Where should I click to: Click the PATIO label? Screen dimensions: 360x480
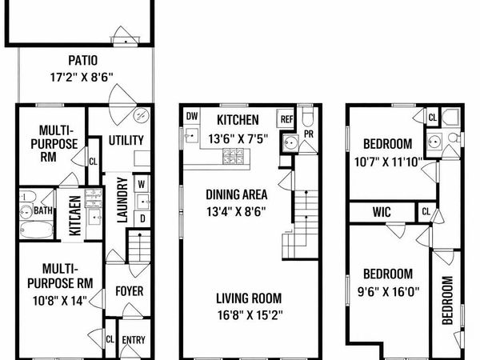point(82,60)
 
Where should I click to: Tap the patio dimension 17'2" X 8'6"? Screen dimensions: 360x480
point(82,78)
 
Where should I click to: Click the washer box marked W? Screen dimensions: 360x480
point(142,183)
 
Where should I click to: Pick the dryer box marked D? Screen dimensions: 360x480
point(142,218)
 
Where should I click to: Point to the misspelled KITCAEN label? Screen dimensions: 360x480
point(74,215)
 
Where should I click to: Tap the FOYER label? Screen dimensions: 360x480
point(129,291)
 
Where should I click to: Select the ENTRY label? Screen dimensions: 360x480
point(133,340)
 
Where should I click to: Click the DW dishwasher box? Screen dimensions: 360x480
point(192,116)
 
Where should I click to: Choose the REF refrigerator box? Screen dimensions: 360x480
point(286,118)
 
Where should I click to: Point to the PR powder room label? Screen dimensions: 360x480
point(307,133)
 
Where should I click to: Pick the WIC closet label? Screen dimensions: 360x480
point(380,213)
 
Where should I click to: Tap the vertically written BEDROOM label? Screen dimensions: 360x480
point(447,301)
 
